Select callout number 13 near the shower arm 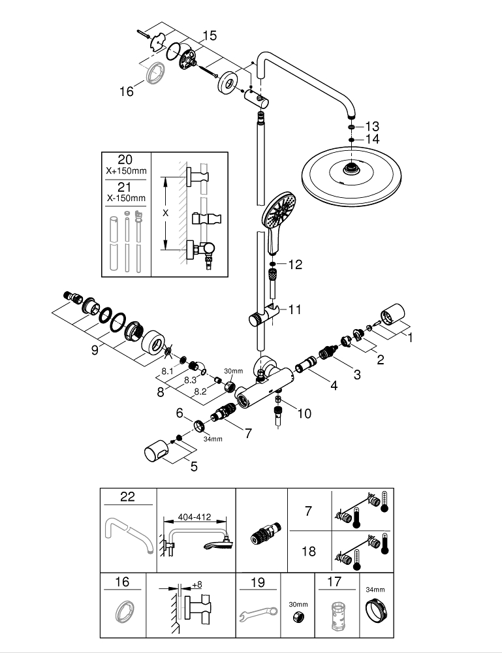pos(372,125)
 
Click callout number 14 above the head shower pos(372,139)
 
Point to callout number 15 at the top pos(209,35)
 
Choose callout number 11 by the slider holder pos(294,309)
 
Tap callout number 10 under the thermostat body pos(304,413)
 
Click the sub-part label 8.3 pos(191,379)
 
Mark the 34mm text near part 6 pos(213,439)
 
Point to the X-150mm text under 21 pos(125,198)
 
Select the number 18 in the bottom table pos(309,551)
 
